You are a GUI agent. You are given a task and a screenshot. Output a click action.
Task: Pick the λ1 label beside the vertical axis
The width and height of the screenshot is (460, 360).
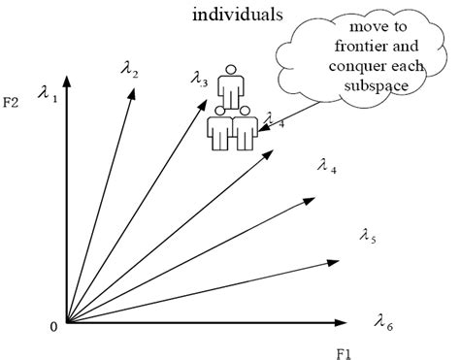47,94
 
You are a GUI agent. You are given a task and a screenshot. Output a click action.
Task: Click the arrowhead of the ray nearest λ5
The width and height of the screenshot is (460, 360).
334,260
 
